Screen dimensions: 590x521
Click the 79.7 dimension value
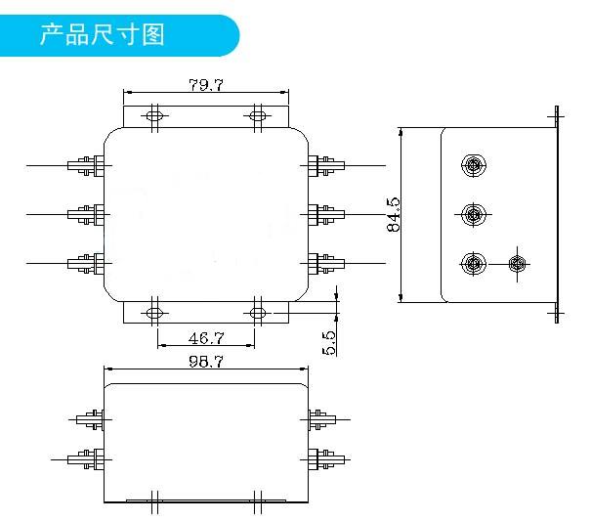tap(206, 85)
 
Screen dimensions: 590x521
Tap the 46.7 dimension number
tap(206, 338)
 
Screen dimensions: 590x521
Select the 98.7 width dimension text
tap(206, 362)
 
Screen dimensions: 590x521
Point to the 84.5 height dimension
tap(394, 214)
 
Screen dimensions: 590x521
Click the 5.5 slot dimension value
tap(328, 342)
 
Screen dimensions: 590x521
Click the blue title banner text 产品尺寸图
tap(103, 34)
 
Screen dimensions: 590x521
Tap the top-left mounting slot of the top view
tap(154, 115)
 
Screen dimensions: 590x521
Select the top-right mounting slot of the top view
tap(258, 115)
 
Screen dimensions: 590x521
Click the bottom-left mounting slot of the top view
tap(154, 313)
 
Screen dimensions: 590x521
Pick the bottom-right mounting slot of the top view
tap(258, 313)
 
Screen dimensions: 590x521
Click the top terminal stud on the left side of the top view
tap(86, 165)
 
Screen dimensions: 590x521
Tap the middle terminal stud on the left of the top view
tap(86, 215)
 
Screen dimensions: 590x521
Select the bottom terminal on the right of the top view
tap(326, 263)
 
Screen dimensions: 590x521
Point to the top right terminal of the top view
tap(326, 165)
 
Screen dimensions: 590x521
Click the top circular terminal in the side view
tap(474, 165)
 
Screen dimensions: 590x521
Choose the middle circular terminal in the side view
tap(474, 215)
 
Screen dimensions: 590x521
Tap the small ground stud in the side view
tap(517, 264)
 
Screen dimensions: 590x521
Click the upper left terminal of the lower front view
tap(90, 419)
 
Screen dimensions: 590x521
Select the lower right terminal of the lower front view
tap(326, 459)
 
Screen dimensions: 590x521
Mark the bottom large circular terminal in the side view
tap(474, 264)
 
